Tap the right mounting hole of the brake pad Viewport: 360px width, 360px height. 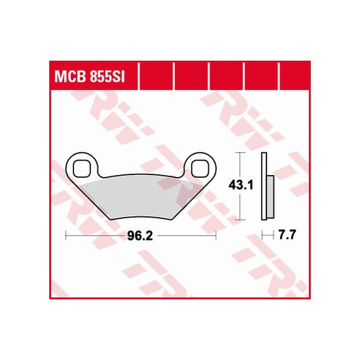(201, 168)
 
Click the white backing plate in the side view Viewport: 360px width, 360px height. (264, 185)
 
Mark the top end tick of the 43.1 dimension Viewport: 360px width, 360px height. (241, 152)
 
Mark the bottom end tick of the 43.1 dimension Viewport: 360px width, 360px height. (241, 219)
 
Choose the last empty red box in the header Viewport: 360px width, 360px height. (294, 77)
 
